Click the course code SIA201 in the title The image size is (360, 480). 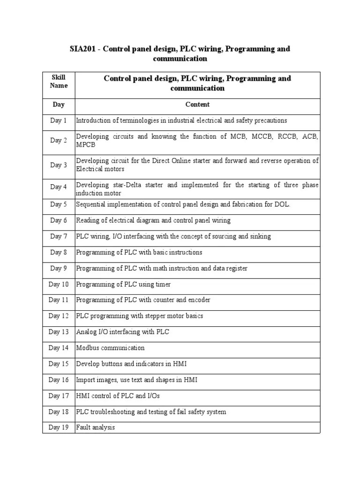point(82,49)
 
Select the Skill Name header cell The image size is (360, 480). point(59,82)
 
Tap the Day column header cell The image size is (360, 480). point(59,105)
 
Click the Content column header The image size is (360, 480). point(197,105)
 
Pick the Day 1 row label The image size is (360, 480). point(59,121)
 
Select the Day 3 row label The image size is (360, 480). point(59,165)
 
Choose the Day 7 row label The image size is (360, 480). point(59,237)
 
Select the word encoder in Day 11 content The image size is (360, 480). point(199,300)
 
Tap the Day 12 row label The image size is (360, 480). point(59,316)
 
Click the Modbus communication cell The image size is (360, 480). point(110,348)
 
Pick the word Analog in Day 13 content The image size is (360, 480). point(85,332)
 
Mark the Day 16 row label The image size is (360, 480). point(59,380)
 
